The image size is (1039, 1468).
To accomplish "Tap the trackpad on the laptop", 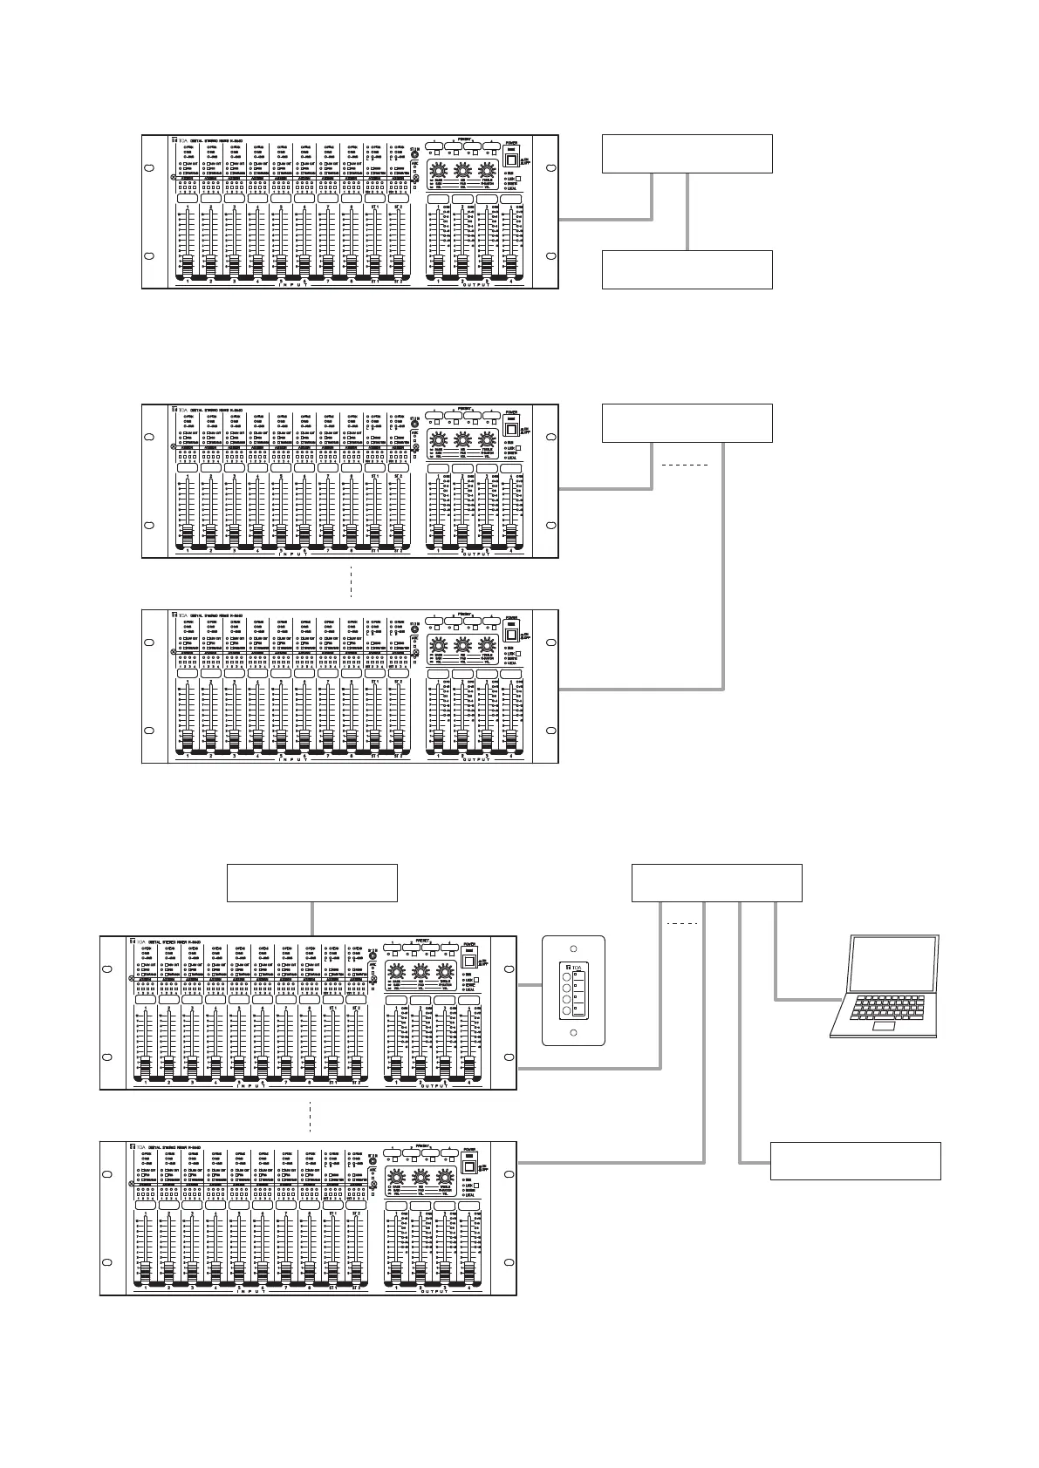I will click(885, 1028).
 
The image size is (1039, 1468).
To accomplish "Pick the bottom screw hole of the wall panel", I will click(573, 1033).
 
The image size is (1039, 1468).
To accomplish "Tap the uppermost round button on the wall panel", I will click(566, 978).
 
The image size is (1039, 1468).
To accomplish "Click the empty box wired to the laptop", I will click(716, 882).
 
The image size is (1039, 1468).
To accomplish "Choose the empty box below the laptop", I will click(855, 1160).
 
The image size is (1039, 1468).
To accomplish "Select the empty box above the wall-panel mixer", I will click(312, 882).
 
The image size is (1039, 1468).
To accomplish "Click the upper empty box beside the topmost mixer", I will click(687, 153).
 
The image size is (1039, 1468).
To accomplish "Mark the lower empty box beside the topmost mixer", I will click(687, 269).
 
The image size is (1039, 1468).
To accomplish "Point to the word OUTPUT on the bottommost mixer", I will click(433, 1291).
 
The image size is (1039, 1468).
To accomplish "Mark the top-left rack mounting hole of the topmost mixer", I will click(148, 168).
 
